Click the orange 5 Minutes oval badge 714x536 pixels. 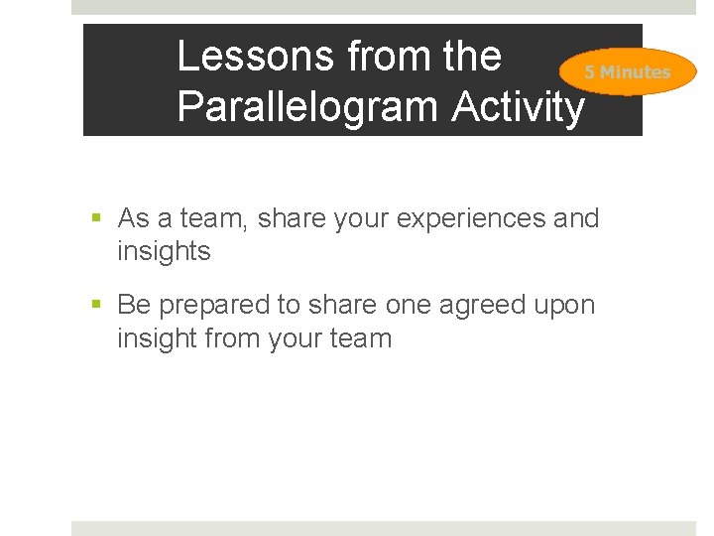tap(626, 71)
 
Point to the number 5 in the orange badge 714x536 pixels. tap(589, 72)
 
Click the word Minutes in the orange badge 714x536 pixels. tap(635, 72)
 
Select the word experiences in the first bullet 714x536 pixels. tap(472, 217)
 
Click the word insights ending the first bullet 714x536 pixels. tap(164, 251)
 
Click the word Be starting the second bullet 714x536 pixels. tap(134, 305)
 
